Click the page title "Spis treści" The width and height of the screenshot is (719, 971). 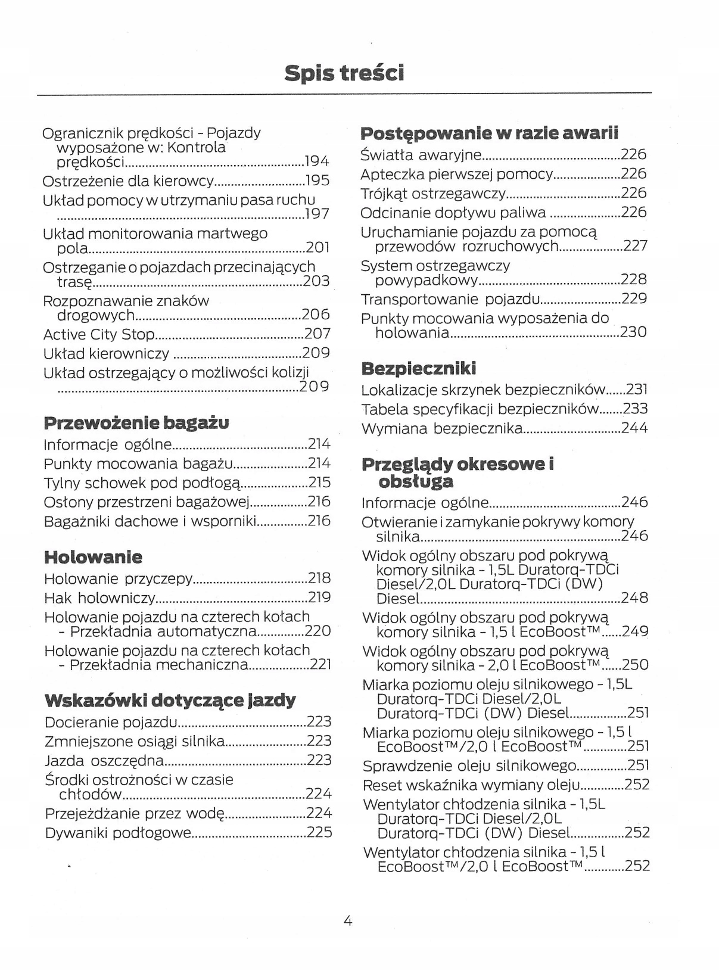[x=344, y=73]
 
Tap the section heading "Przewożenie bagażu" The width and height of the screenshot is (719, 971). [x=136, y=423]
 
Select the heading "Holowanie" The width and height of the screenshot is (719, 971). [x=94, y=558]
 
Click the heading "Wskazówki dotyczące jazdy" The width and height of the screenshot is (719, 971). [x=170, y=701]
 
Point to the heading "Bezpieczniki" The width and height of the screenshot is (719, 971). [x=419, y=369]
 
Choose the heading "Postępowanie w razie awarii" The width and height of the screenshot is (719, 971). [x=490, y=132]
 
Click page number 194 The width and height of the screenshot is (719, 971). [x=316, y=161]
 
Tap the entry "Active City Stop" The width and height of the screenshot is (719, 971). [x=99, y=334]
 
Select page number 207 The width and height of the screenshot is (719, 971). [x=317, y=334]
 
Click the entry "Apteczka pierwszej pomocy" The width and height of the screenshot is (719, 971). [x=457, y=174]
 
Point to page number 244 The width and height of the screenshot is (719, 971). [x=634, y=428]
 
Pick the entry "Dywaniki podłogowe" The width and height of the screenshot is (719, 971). [x=118, y=832]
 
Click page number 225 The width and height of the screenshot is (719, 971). [x=319, y=832]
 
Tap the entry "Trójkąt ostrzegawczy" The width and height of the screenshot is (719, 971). [x=434, y=193]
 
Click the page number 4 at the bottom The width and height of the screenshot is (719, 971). [x=348, y=921]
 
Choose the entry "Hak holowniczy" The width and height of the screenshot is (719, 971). [x=99, y=597]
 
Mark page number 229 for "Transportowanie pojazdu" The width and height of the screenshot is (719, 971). [x=634, y=298]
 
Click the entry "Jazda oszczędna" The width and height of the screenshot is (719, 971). [x=104, y=760]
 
